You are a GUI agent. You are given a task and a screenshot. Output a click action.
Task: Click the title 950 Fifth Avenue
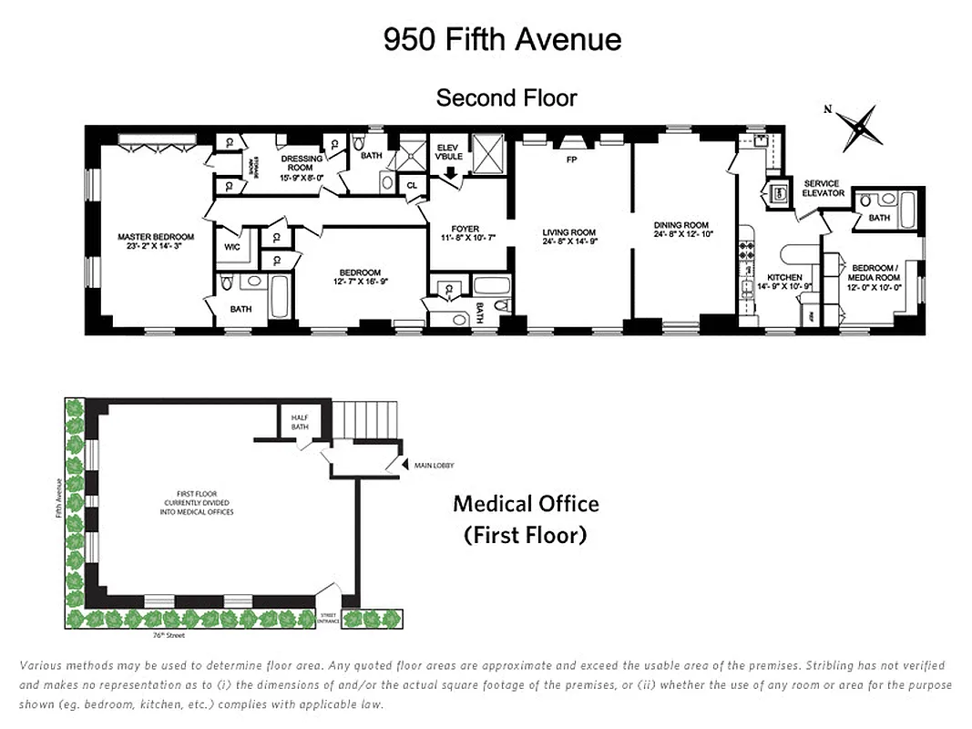(502, 39)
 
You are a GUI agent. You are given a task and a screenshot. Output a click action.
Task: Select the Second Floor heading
(506, 98)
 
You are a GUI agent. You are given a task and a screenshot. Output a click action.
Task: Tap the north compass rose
(858, 127)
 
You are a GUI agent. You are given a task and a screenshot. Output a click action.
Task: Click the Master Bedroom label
(156, 241)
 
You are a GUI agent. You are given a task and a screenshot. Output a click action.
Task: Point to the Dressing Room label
(302, 162)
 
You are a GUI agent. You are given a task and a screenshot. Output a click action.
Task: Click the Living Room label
(568, 237)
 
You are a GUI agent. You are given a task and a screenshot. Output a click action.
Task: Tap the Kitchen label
(784, 282)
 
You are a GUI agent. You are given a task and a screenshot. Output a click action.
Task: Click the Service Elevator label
(824, 189)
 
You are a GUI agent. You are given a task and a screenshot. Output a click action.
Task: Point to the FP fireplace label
(571, 159)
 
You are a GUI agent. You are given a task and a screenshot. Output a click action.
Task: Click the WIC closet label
(232, 246)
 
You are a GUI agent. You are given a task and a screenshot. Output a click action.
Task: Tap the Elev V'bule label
(449, 152)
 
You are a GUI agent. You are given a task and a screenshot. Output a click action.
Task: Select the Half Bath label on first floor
(300, 422)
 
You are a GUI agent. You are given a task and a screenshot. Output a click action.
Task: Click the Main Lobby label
(434, 466)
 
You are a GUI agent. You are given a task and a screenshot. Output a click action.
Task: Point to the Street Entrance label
(328, 619)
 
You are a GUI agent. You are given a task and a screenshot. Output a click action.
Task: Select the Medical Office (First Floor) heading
(526, 519)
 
